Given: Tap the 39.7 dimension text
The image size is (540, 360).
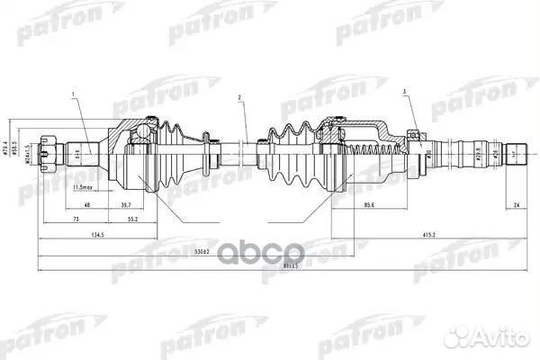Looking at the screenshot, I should tap(123, 203).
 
